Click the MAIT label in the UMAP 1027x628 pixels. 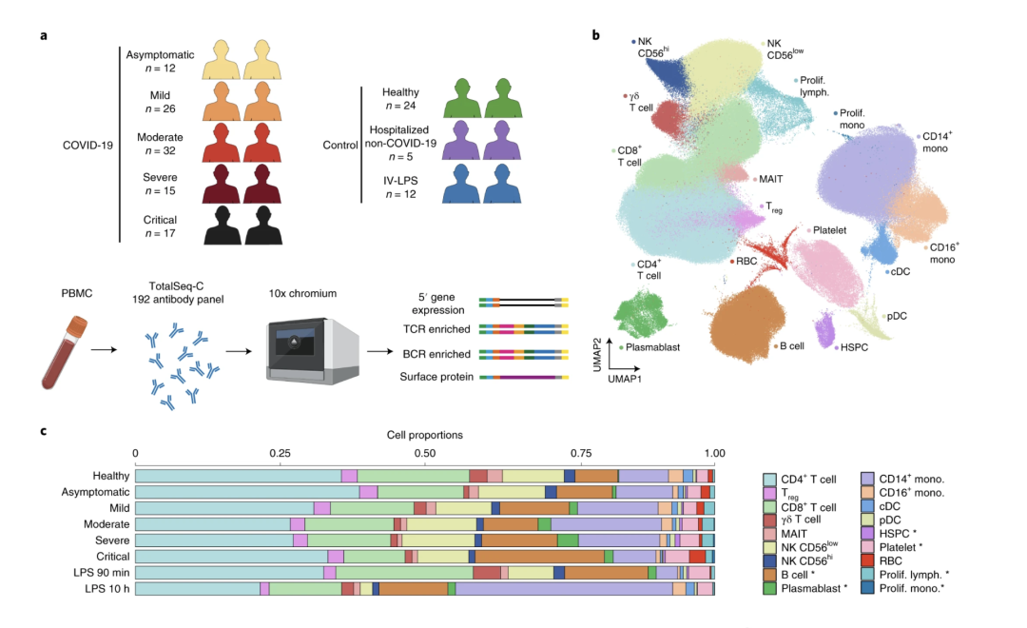pyautogui.click(x=770, y=179)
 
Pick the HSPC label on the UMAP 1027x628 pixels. pyautogui.click(x=853, y=348)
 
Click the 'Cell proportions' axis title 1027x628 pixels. pyautogui.click(x=424, y=435)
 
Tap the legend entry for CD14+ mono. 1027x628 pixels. pyautogui.click(x=908, y=477)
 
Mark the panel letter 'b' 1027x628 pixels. pyautogui.click(x=596, y=35)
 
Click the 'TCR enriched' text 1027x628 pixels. pyautogui.click(x=432, y=329)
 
